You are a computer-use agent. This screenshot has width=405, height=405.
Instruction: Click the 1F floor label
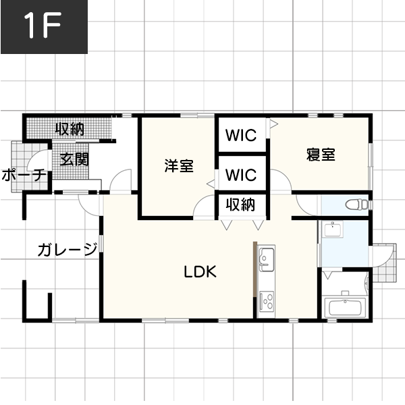[43, 26]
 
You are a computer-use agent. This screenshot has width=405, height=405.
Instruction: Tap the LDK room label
[200, 272]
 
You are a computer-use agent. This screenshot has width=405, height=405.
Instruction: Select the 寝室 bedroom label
[321, 155]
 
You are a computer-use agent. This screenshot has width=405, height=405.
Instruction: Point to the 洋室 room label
[179, 166]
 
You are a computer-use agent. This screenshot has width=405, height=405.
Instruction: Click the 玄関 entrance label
[74, 159]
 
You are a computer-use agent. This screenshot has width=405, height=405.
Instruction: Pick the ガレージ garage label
[67, 249]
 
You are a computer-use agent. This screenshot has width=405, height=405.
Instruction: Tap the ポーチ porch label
[24, 175]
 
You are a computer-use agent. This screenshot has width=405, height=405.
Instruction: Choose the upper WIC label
[241, 135]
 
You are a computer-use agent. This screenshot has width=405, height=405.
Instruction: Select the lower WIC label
[241, 175]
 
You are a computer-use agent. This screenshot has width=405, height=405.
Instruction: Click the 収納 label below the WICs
[240, 205]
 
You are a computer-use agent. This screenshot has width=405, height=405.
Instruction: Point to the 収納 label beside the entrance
[70, 129]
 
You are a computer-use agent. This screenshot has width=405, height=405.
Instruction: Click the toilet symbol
[358, 205]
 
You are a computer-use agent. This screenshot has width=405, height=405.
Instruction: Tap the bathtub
[345, 307]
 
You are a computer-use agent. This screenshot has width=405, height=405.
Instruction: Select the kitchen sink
[267, 259]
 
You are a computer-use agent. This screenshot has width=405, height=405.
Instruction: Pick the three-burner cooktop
[267, 301]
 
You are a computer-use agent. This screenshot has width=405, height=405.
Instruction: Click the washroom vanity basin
[333, 230]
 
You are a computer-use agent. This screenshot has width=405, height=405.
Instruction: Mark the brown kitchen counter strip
[255, 269]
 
